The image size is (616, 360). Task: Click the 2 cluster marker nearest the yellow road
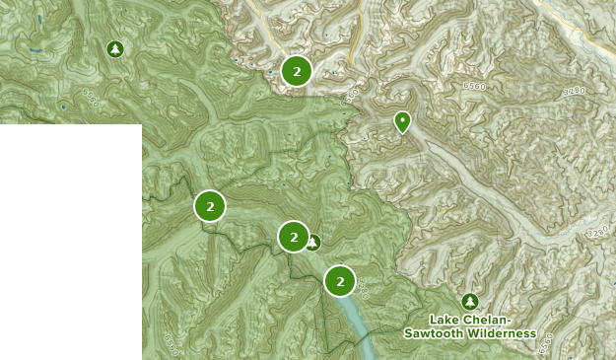297,70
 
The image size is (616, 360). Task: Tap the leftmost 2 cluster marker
210,206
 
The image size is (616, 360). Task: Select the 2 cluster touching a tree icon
294,237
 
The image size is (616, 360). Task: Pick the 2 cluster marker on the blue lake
340,281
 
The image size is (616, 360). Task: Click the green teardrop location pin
402,122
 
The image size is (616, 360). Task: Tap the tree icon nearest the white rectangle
115,48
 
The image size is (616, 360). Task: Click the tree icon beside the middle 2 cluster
312,242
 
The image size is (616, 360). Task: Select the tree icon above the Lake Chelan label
470,302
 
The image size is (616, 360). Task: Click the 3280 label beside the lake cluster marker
363,289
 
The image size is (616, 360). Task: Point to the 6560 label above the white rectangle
91,98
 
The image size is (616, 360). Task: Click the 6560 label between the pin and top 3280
475,87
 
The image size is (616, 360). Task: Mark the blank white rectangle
70,242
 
